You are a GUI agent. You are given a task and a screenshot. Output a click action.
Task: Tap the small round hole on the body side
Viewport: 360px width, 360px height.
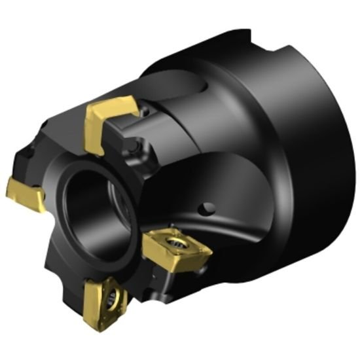207,208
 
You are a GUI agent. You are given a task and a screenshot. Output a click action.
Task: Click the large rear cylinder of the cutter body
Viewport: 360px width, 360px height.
275,164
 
